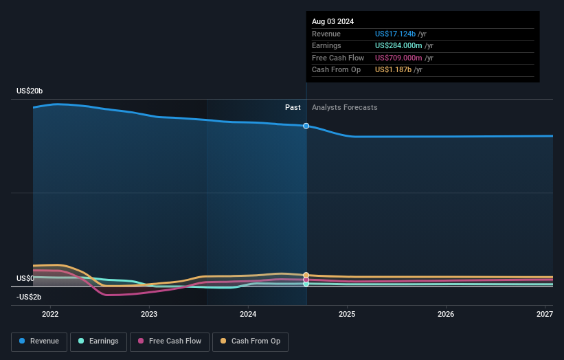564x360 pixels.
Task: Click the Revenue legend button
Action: [x=39, y=341]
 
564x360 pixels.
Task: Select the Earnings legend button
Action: [x=98, y=341]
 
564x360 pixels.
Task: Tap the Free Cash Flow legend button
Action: [x=170, y=341]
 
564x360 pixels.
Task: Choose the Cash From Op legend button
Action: [x=251, y=341]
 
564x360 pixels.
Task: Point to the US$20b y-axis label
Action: [x=30, y=91]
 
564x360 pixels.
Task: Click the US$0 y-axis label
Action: [x=25, y=278]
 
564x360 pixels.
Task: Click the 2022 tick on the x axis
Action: [x=50, y=314]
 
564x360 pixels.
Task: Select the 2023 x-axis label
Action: [x=149, y=314]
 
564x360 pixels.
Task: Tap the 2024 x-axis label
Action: [x=248, y=314]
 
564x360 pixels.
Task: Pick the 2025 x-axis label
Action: [x=347, y=314]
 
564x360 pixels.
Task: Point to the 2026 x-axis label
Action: [x=446, y=314]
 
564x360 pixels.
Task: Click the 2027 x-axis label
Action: [x=545, y=314]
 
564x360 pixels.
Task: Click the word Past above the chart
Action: [x=293, y=107]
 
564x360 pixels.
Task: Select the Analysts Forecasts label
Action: [x=344, y=107]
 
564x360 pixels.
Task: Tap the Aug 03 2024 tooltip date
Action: [x=333, y=21]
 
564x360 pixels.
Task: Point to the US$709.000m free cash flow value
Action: [x=398, y=58]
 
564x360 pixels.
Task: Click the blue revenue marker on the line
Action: [x=306, y=126]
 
